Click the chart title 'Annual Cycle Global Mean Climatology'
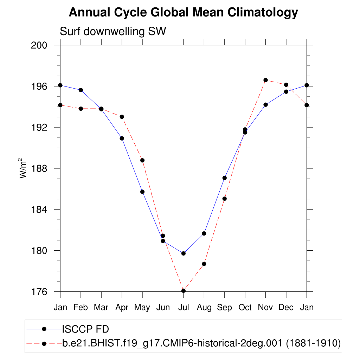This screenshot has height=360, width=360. [x=183, y=13]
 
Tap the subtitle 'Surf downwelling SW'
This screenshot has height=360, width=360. [x=113, y=32]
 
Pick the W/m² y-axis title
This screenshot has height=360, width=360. [x=23, y=168]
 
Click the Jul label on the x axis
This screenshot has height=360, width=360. [x=183, y=308]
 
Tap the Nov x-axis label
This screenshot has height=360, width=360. [x=265, y=308]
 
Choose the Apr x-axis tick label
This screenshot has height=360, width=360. [x=122, y=308]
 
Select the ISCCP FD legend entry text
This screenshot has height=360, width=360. [x=85, y=329]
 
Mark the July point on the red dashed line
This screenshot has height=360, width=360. [x=183, y=291]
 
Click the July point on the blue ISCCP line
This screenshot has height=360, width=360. [x=183, y=253]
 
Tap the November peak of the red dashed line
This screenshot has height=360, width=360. [x=265, y=80]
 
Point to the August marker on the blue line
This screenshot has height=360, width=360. [x=204, y=233]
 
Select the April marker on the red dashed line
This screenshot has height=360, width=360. [x=122, y=117]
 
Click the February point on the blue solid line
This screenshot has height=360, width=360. [x=81, y=90]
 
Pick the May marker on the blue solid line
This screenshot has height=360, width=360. [x=142, y=192]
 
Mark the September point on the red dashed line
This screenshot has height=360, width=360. [x=224, y=199]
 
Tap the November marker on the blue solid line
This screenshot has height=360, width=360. [x=265, y=104]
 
